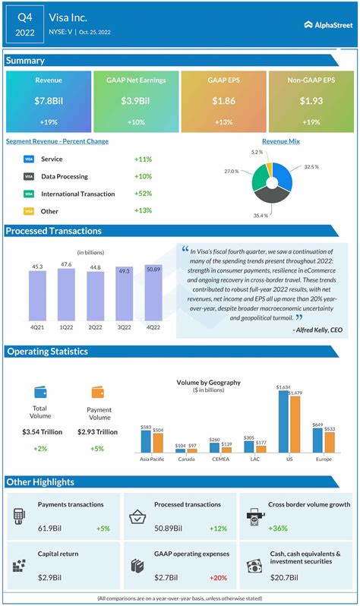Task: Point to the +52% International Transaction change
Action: tap(144, 193)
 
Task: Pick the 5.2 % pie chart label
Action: tap(257, 152)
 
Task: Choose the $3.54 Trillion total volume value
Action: tap(41, 432)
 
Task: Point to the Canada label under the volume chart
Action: tap(185, 459)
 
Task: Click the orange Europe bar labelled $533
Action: tap(329, 442)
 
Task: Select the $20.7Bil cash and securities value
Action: tap(283, 577)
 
